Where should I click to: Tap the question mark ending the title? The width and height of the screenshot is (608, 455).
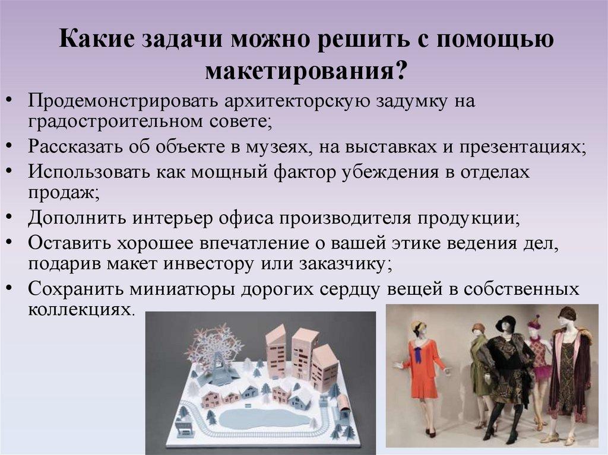coord(400,72)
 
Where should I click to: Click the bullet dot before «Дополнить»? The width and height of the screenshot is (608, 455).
coord(12,216)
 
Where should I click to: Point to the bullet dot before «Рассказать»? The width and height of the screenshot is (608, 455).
coord(12,146)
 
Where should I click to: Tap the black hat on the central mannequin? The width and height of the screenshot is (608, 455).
coord(506,323)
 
